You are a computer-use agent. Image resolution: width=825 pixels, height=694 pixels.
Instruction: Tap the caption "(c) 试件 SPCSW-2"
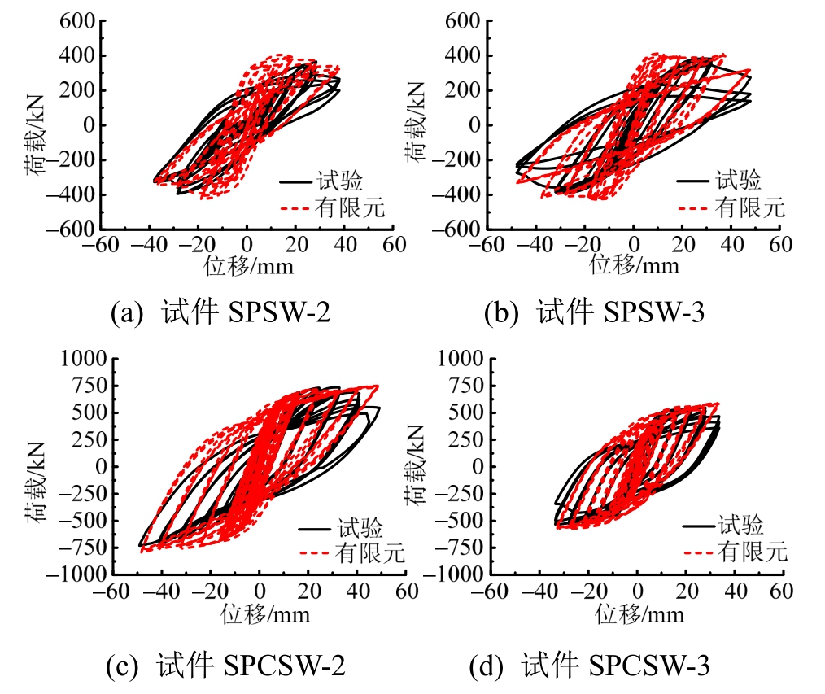pos(225,666)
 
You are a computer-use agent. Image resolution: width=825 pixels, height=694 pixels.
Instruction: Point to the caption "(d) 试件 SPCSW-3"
pos(590,666)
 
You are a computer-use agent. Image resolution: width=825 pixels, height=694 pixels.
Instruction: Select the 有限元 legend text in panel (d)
pos(753,552)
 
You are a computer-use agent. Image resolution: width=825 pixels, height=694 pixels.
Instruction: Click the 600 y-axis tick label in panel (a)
pos(77,21)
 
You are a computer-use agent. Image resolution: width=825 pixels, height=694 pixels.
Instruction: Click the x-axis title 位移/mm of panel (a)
pos(247,265)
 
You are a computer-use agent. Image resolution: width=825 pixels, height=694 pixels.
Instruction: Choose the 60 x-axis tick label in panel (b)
pos(779,244)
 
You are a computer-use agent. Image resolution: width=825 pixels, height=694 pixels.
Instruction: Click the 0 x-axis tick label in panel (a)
pos(247,244)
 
